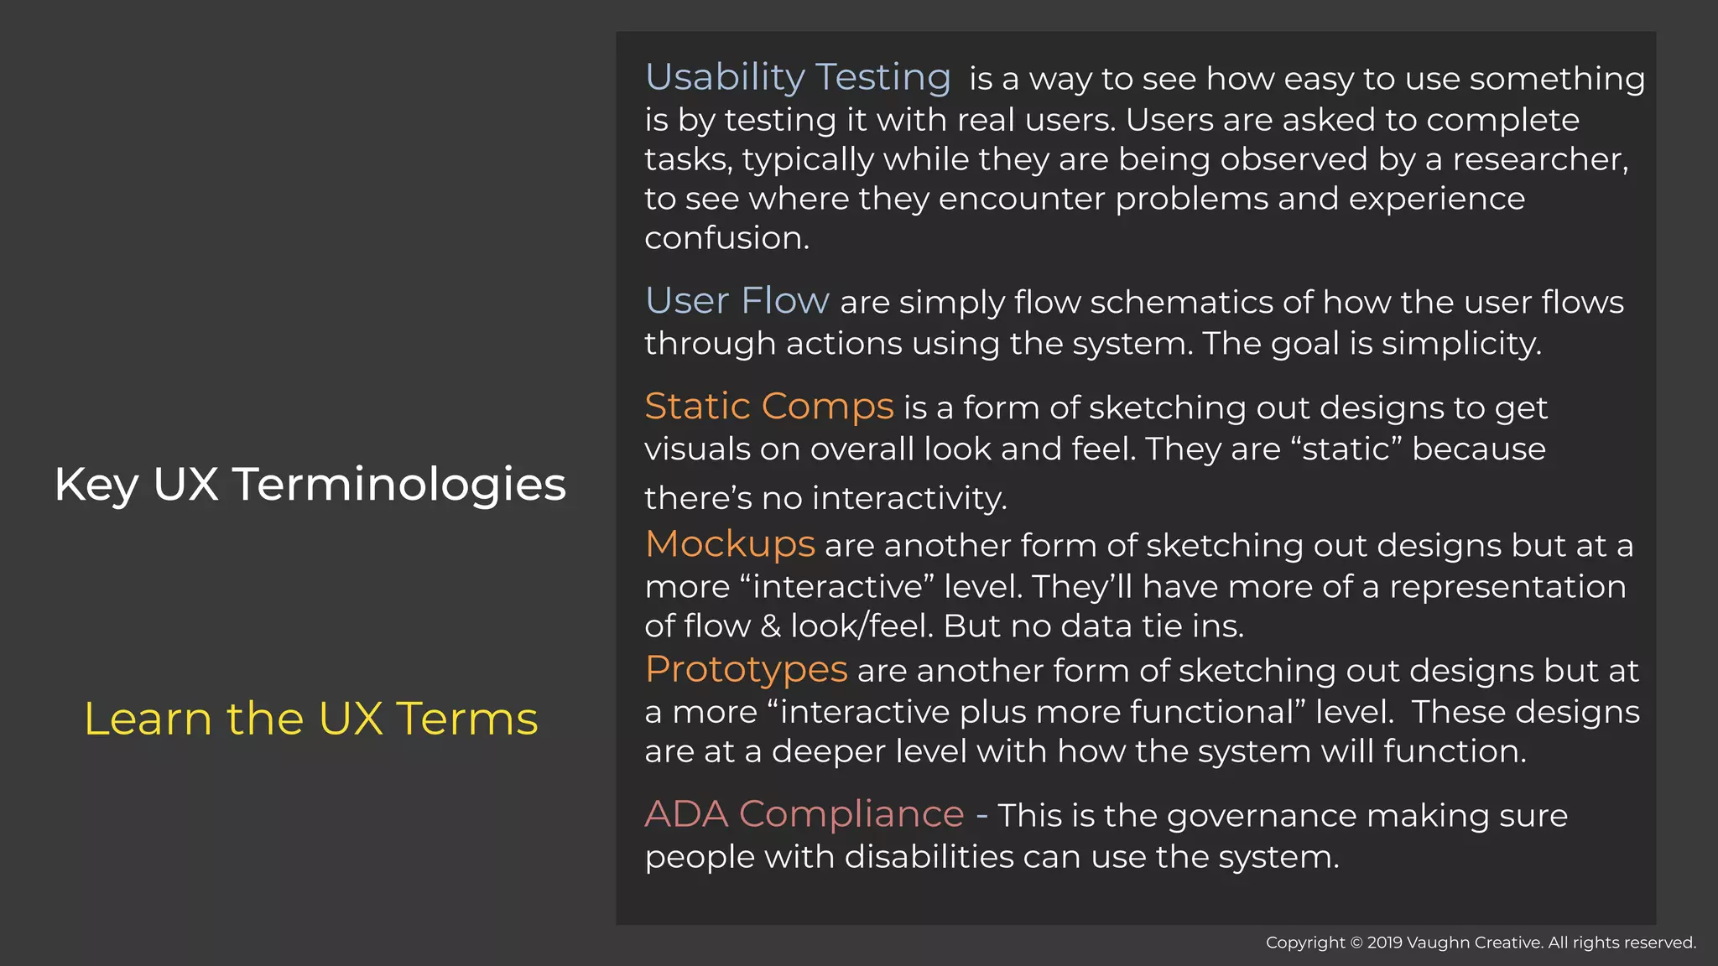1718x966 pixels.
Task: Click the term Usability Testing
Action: pos(798,77)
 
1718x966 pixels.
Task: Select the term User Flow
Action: pos(737,300)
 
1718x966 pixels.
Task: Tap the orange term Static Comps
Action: pos(768,407)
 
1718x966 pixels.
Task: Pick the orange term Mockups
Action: pos(730,544)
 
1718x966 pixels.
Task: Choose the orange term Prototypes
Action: pos(746,669)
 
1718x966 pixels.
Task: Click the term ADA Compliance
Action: pos(804,814)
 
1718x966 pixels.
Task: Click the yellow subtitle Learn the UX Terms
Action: pos(310,719)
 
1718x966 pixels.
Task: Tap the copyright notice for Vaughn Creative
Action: pos(1481,943)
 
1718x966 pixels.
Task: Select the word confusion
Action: pos(726,238)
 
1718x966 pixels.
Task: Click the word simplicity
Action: pos(1460,343)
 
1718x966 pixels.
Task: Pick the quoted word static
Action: pos(1346,449)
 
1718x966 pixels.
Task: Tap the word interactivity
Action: pos(909,498)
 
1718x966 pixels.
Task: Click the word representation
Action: pos(1507,586)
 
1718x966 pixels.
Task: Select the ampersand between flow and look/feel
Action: pos(770,626)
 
